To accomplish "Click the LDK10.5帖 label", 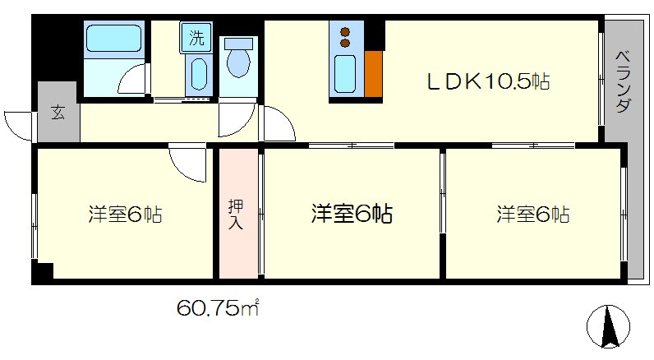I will (x=486, y=81).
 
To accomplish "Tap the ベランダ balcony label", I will (x=623, y=81).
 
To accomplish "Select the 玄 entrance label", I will (x=58, y=113).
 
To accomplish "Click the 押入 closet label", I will (x=236, y=213).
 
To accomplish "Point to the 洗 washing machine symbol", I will (x=196, y=37).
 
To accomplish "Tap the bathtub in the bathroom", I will (x=114, y=38).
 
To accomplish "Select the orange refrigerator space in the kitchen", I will (x=373, y=76).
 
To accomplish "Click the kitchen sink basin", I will (x=344, y=76).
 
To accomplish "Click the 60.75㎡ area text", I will (x=218, y=309).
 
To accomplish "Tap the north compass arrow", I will (x=610, y=328).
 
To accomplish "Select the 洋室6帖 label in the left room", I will (x=125, y=215).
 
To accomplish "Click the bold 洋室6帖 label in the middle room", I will (x=351, y=215).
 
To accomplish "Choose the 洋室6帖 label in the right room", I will (x=532, y=215).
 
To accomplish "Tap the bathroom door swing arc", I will (x=131, y=81).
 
